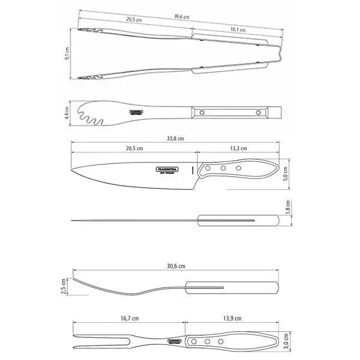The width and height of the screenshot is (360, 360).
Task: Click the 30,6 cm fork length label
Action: pos(176,266)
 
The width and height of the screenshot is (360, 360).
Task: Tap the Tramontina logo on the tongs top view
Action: pos(137,112)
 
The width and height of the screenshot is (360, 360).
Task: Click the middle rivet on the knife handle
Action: pos(224,169)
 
